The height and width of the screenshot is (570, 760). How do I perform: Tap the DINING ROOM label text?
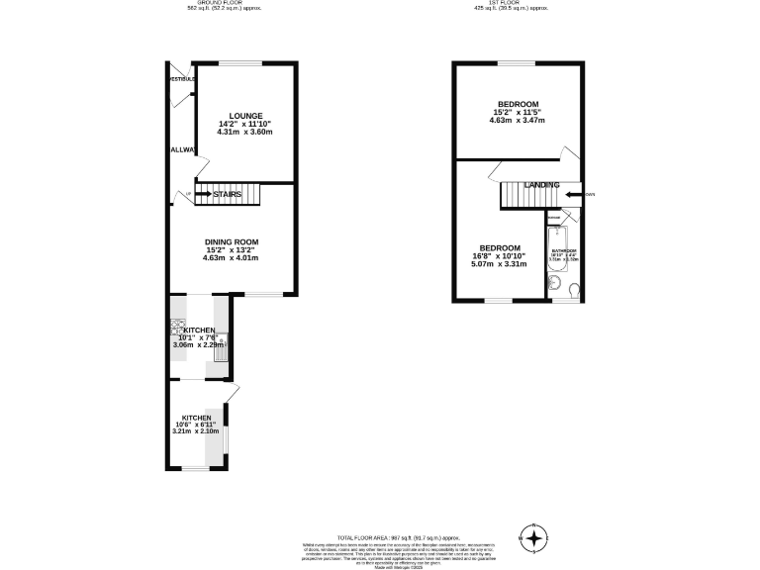point(232,242)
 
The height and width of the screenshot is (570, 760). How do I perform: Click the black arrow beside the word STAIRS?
point(203,195)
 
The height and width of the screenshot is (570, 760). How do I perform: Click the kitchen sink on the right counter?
point(223,346)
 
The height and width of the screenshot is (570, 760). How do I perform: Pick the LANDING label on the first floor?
point(541,185)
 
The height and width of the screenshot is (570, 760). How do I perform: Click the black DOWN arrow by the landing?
point(575,195)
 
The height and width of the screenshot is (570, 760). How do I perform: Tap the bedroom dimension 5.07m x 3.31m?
point(500,264)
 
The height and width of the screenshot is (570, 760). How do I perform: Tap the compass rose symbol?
point(534,537)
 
